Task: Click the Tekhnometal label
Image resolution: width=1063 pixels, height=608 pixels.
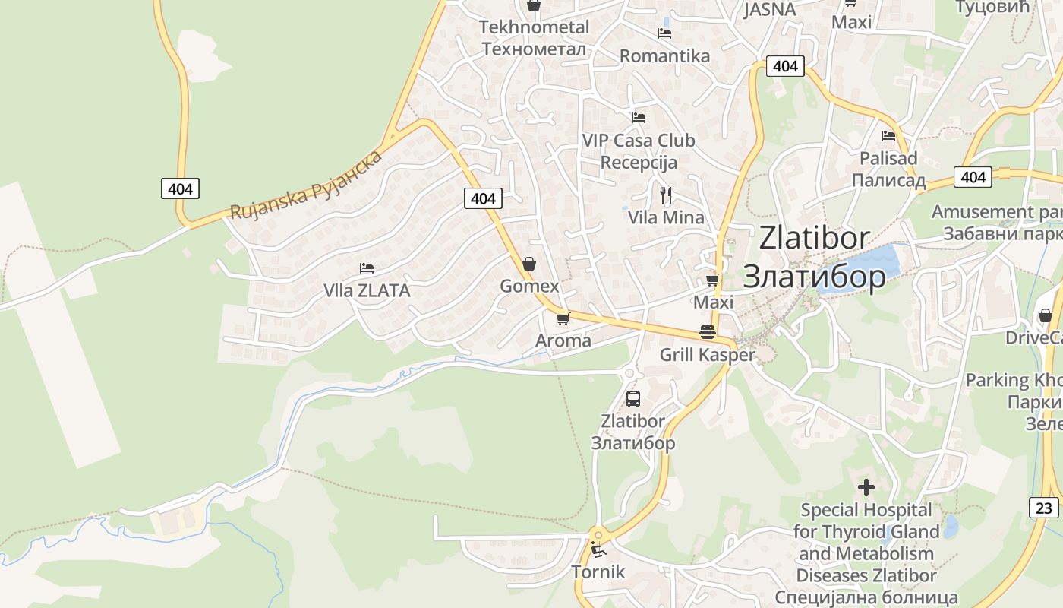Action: [534, 27]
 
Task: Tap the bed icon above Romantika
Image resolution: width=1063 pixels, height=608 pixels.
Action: [664, 33]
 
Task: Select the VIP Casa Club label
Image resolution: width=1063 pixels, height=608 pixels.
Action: [638, 141]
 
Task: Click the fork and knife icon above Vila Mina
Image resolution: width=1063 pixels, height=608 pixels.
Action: [666, 195]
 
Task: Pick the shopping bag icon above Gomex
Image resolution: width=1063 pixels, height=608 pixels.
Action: [529, 264]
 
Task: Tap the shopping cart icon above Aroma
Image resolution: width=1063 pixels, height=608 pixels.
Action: [563, 318]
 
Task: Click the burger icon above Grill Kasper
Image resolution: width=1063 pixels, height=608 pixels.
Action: [708, 332]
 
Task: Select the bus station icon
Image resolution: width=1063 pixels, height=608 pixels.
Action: [632, 398]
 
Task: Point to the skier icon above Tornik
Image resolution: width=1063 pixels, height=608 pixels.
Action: [598, 549]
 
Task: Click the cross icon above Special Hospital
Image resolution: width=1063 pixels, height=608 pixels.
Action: [866, 486]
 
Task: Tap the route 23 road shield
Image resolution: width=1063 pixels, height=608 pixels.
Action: [1044, 507]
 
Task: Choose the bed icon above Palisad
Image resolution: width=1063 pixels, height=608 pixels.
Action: [888, 136]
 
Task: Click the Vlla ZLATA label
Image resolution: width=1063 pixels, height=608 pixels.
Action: [367, 290]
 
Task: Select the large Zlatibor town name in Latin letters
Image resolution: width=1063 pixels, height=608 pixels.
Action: [814, 239]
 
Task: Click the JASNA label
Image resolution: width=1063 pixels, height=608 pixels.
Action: [769, 10]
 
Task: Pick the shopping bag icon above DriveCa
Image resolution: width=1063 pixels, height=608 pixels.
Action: [1046, 315]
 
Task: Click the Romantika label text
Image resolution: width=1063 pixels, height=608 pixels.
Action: [664, 56]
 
